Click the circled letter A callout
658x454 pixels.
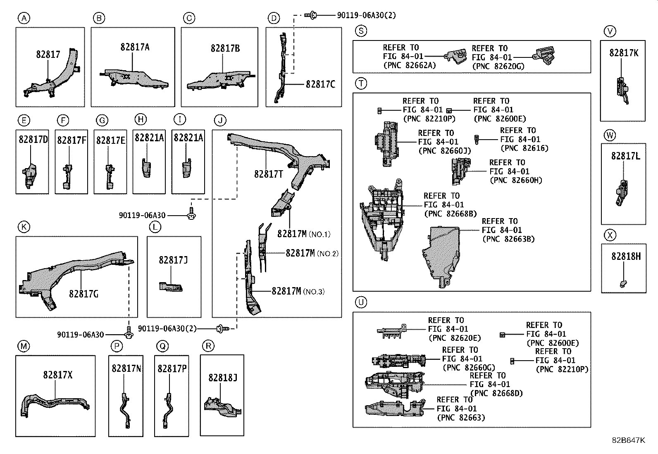point(24,18)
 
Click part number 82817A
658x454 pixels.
point(135,47)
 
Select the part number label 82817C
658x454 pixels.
point(320,84)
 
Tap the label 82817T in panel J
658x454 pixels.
point(269,174)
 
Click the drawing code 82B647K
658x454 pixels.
point(628,440)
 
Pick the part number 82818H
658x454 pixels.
point(626,257)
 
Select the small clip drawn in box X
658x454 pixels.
point(623,283)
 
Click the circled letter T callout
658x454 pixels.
point(361,83)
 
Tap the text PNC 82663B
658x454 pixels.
point(508,239)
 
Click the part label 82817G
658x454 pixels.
point(83,294)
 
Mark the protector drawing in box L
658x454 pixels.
point(171,286)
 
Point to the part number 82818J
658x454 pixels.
point(222,378)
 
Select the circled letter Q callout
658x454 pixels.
point(163,346)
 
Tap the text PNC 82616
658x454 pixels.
point(524,148)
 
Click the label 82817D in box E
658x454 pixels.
point(33,140)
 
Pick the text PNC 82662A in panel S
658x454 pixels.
point(410,65)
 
